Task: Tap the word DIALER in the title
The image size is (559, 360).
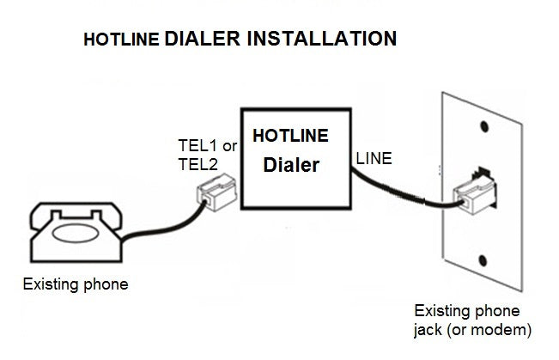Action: (200, 39)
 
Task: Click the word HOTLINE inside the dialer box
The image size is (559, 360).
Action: (290, 137)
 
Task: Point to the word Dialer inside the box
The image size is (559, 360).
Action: (290, 165)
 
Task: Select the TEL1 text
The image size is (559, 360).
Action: (194, 146)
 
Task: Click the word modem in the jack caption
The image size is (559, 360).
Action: (505, 329)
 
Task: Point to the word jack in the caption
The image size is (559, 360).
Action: (431, 329)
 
